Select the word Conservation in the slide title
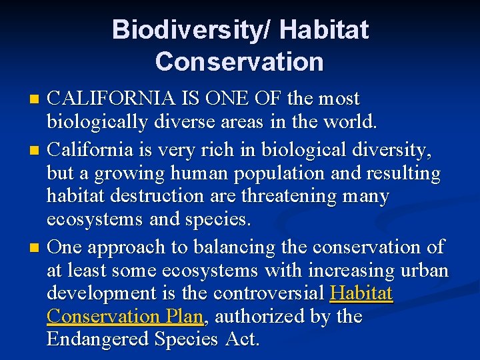[239, 62]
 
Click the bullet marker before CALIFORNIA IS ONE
[36, 100]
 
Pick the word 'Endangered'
[98, 339]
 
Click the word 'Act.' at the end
[242, 339]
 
